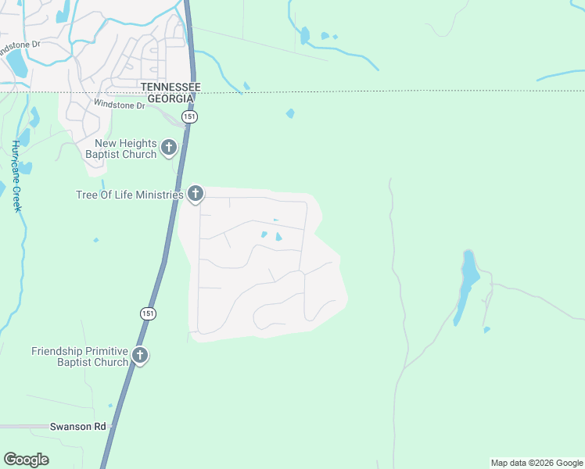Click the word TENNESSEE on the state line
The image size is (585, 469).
click(x=170, y=87)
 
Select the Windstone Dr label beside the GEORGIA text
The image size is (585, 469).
click(x=119, y=104)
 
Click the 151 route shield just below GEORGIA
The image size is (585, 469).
click(x=190, y=116)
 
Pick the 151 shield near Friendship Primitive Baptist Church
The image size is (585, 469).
click(x=149, y=313)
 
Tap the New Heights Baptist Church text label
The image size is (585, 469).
click(x=126, y=149)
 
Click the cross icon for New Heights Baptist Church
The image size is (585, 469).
click(x=168, y=147)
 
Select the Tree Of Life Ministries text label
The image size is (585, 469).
click(x=129, y=195)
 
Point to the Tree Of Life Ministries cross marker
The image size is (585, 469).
click(x=195, y=194)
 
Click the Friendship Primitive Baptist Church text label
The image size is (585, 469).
click(x=79, y=356)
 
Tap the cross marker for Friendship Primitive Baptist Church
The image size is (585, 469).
click(x=140, y=356)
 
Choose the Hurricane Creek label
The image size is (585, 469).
click(x=16, y=176)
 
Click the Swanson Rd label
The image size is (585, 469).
click(x=77, y=427)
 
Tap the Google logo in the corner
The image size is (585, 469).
click(x=26, y=460)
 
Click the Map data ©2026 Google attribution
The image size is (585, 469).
click(x=537, y=463)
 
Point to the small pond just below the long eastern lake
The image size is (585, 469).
click(x=486, y=330)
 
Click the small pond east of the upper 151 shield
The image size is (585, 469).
click(x=290, y=113)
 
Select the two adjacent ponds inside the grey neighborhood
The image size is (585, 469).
click(x=271, y=235)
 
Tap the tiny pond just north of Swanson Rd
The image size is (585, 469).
click(x=110, y=406)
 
